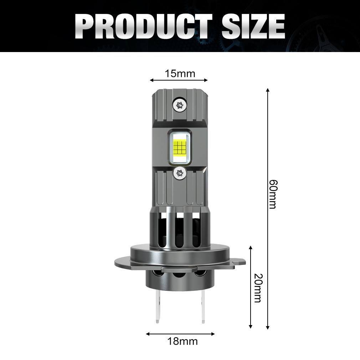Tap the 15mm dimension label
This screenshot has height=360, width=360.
click(x=180, y=74)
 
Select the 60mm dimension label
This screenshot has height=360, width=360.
click(x=273, y=194)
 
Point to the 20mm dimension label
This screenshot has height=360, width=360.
click(x=257, y=288)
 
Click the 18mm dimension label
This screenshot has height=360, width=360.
click(x=182, y=341)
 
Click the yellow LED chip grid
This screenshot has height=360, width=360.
click(x=180, y=146)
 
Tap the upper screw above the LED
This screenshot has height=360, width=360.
click(x=180, y=104)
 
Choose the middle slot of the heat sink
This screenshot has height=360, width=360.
click(x=180, y=232)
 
